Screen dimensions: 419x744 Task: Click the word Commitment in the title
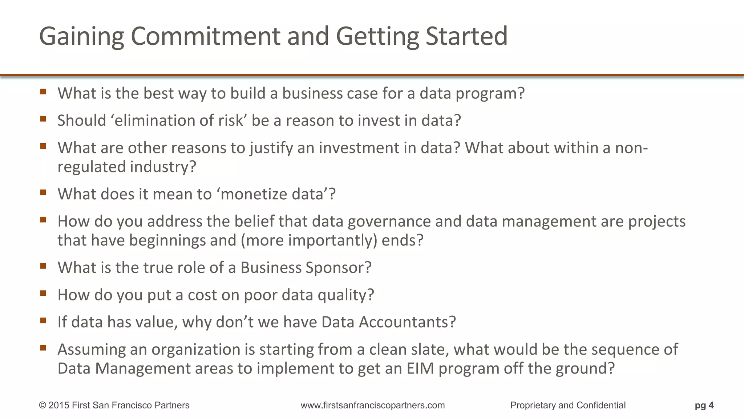[205, 36]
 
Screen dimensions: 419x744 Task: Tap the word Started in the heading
[466, 36]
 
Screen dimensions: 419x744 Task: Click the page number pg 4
[704, 405]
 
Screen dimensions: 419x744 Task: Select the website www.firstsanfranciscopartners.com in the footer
[372, 405]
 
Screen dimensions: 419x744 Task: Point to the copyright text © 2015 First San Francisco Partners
[114, 405]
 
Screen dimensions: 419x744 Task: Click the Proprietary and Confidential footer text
[567, 405]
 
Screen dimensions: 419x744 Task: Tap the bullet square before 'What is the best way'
[43, 92]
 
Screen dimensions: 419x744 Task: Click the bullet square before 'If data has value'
[43, 320]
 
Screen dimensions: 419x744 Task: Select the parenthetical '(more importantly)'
[309, 240]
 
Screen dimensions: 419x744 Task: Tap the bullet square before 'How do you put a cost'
[43, 293]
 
